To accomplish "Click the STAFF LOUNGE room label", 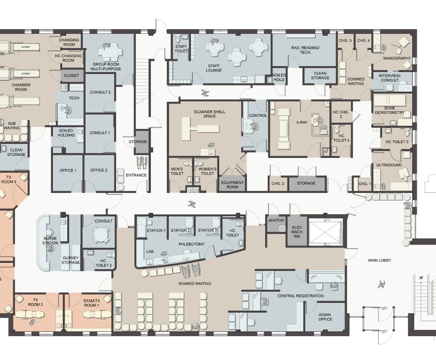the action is coord(214,68).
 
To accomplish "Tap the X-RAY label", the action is coord(302,122).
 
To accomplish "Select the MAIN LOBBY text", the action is coord(380,260).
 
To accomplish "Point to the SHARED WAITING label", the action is coord(195,283).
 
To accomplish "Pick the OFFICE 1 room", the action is coord(68,173).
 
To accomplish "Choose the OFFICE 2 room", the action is coord(99,173).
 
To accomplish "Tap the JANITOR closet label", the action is coord(276,220).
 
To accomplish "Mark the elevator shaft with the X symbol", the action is coord(326,229).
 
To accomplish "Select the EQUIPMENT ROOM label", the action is coord(232,185).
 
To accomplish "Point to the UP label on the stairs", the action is coord(421,278).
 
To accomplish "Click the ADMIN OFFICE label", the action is coord(325,317).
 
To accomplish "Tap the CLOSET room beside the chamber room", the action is coord(72,76).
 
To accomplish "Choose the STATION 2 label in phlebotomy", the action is coord(180,231).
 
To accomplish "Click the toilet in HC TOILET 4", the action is coord(337,129).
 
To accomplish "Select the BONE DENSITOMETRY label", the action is coord(390,110).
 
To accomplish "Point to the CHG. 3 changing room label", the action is coord(345,40).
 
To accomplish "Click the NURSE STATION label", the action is coord(51,241).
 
